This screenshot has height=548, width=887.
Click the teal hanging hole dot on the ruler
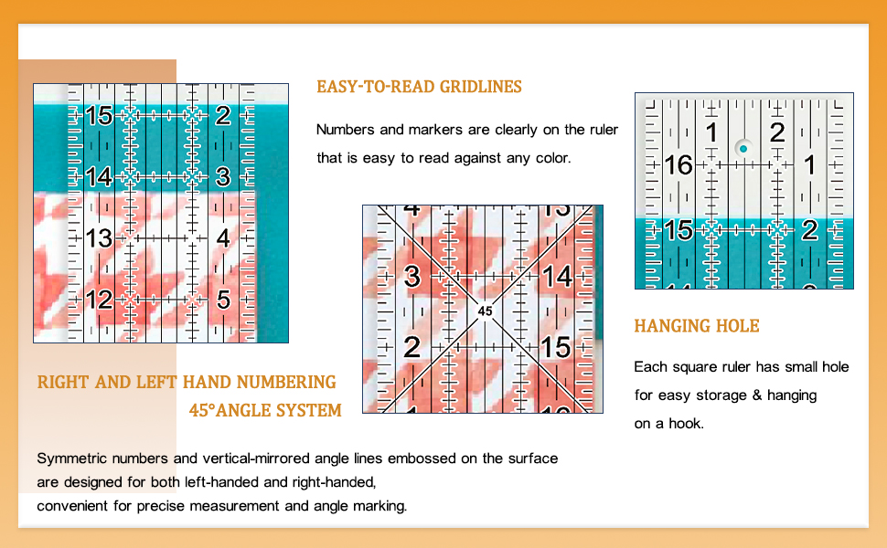pos(743,148)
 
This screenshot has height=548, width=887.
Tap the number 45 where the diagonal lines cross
pos(485,311)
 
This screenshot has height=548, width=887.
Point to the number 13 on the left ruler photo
pos(99,238)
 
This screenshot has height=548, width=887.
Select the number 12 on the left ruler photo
pos(99,299)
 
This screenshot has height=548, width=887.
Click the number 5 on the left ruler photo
pos(223,299)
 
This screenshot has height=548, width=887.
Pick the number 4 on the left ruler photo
pos(223,238)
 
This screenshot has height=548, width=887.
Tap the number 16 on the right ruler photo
pos(679,165)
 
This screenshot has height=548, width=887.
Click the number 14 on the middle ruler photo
pos(556,276)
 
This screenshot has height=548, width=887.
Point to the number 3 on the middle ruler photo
pos(412,276)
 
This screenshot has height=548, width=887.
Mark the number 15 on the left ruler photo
pos(99,116)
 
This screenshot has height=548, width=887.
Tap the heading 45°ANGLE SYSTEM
pos(265,410)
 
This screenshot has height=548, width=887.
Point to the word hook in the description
pos(687,424)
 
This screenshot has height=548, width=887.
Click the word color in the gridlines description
pos(550,158)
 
